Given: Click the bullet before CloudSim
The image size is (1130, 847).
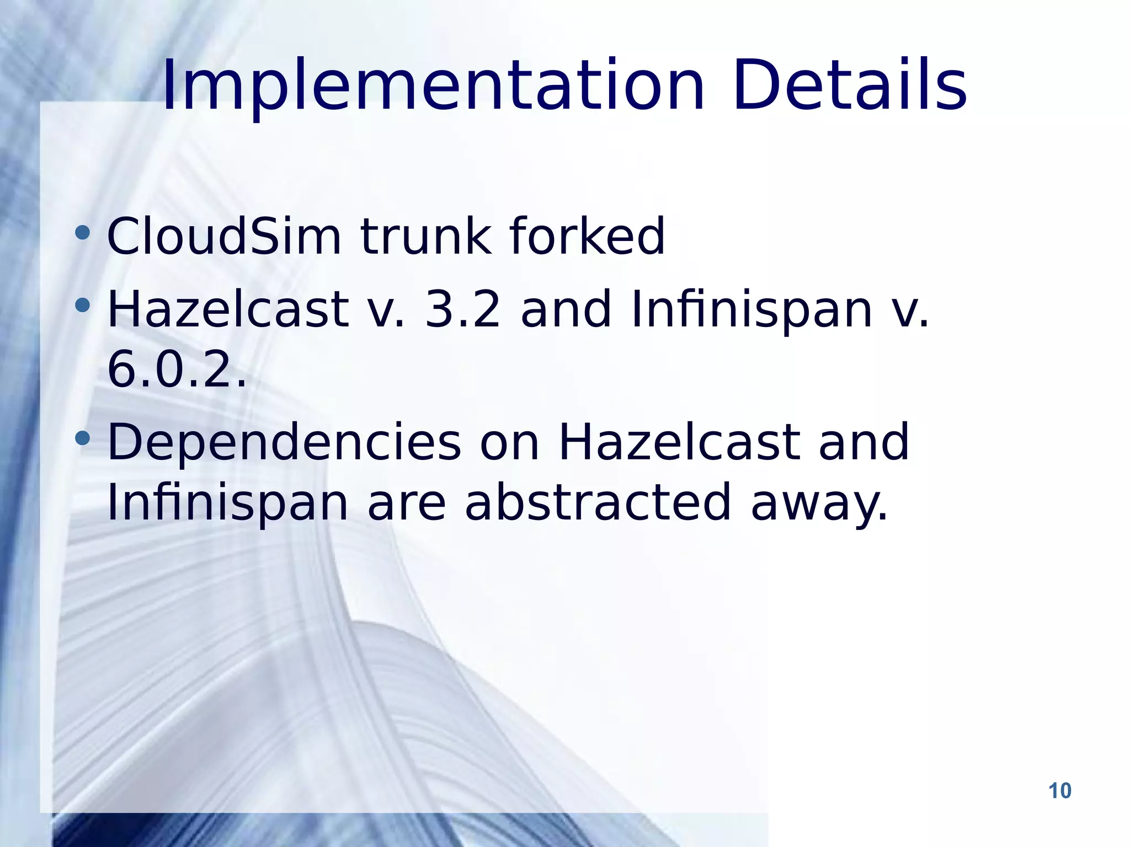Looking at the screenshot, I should coord(83,232).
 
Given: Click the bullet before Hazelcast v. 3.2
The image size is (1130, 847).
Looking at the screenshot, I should coord(83,304).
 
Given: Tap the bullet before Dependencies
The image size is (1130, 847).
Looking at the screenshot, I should coord(83,438).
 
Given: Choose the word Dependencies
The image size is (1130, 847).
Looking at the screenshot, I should coord(284,442).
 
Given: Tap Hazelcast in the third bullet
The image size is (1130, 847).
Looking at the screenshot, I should coord(679,442).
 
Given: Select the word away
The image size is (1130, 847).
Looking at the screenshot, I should coord(819,503).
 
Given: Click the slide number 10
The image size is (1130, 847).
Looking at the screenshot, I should coord(1059,791).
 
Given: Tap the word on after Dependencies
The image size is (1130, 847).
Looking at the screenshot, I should coord(509,443).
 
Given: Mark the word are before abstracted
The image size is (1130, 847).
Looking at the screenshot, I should coord(406,503).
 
